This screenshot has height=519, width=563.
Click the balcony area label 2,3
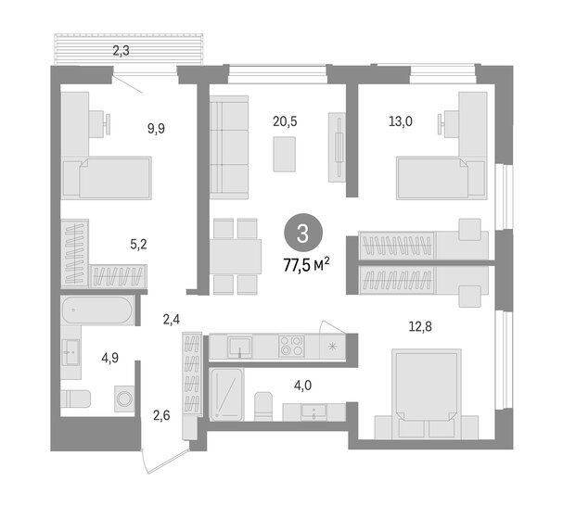pos(121,52)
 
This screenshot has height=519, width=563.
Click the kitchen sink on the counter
pos(240,348)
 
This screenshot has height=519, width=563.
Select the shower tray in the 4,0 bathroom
pos(227,396)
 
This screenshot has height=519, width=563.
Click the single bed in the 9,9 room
pos(107,177)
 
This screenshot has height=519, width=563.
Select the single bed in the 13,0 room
pos(441,177)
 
